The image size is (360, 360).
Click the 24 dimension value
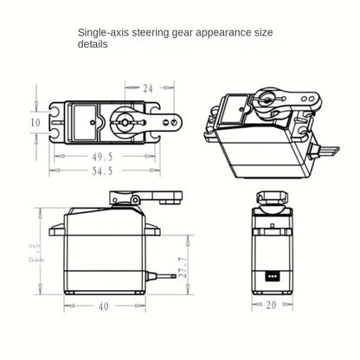click(x=148, y=88)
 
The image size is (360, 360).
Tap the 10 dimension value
click(x=35, y=123)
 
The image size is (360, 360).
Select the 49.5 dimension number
click(x=102, y=157)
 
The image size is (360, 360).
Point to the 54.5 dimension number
click(x=102, y=171)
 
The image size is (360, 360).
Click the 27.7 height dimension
click(x=183, y=267)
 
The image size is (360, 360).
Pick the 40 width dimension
click(x=104, y=306)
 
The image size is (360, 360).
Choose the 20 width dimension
click(x=271, y=305)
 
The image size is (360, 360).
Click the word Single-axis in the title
click(x=103, y=33)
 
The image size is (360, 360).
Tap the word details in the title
click(x=93, y=44)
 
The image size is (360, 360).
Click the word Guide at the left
click(x=36, y=260)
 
